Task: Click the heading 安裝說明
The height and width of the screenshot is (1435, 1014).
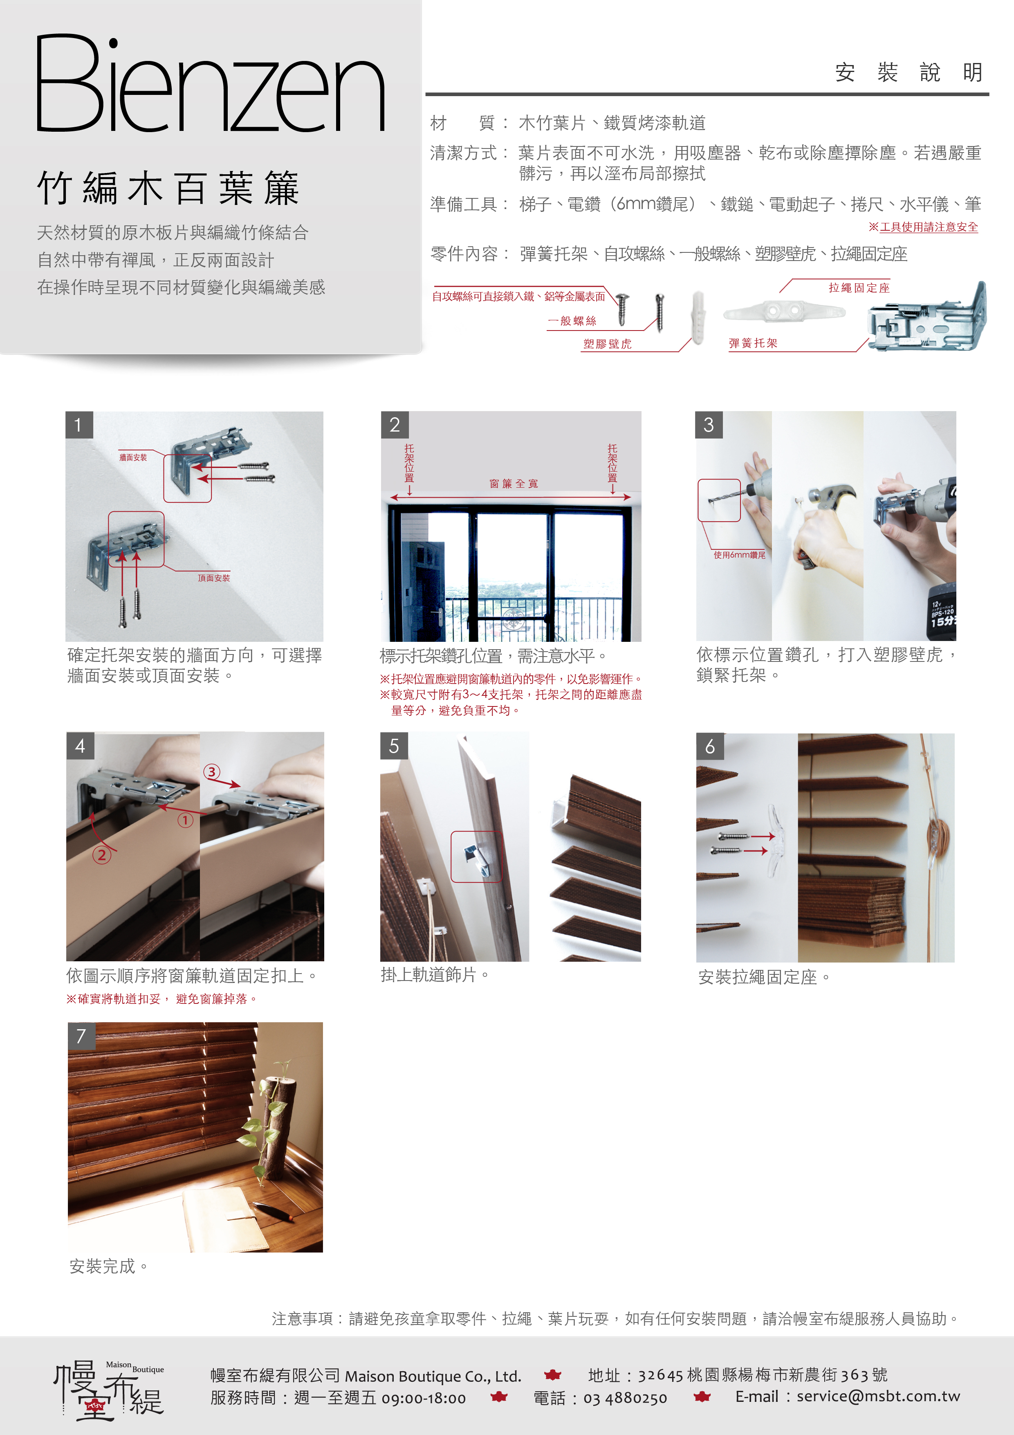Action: [909, 72]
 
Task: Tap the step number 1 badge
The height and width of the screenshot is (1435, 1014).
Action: [79, 425]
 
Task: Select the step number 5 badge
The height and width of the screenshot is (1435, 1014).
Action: [394, 746]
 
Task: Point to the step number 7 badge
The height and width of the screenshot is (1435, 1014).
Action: [81, 1036]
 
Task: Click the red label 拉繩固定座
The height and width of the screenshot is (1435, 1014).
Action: [859, 288]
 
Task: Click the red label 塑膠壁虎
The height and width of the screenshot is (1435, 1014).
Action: [607, 344]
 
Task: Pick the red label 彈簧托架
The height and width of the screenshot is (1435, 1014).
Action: [753, 343]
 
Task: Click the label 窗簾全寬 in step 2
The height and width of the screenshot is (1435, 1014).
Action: [514, 484]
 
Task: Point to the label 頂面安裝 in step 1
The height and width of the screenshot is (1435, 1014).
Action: [214, 578]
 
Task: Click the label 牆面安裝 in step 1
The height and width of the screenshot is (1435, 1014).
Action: [133, 457]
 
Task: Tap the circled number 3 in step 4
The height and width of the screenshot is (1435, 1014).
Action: [212, 772]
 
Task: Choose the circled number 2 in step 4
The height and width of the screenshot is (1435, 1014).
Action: [102, 855]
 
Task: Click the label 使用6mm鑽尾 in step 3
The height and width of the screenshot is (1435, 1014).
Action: [740, 555]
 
